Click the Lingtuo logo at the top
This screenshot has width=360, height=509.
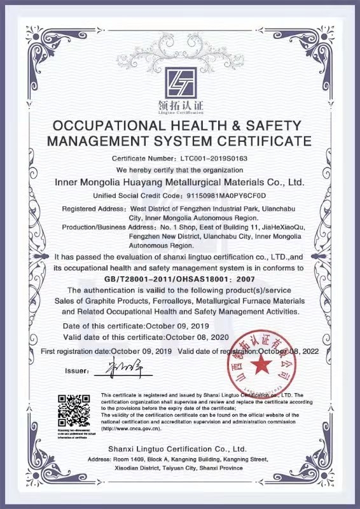coord(179,83)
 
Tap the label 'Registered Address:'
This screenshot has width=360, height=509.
coord(93,209)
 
